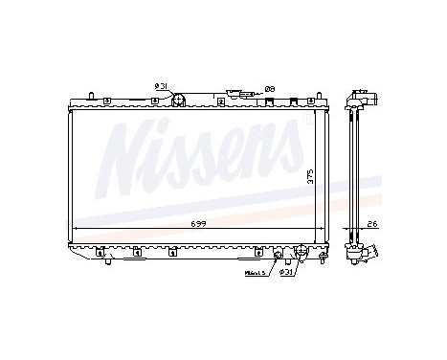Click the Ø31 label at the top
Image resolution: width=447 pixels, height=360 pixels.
click(161, 86)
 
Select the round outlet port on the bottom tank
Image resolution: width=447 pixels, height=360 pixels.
click(302, 254)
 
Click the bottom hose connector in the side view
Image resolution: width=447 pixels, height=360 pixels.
click(364, 253)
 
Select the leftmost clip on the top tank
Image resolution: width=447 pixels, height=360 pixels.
click(106, 99)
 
